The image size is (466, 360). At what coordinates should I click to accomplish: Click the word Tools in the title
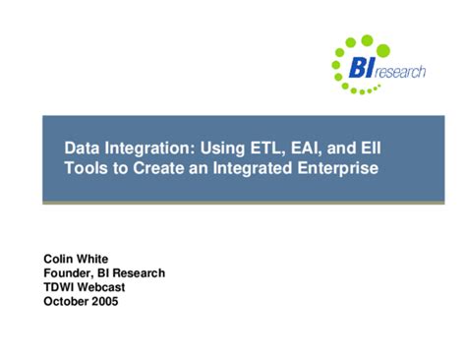[86, 168]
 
